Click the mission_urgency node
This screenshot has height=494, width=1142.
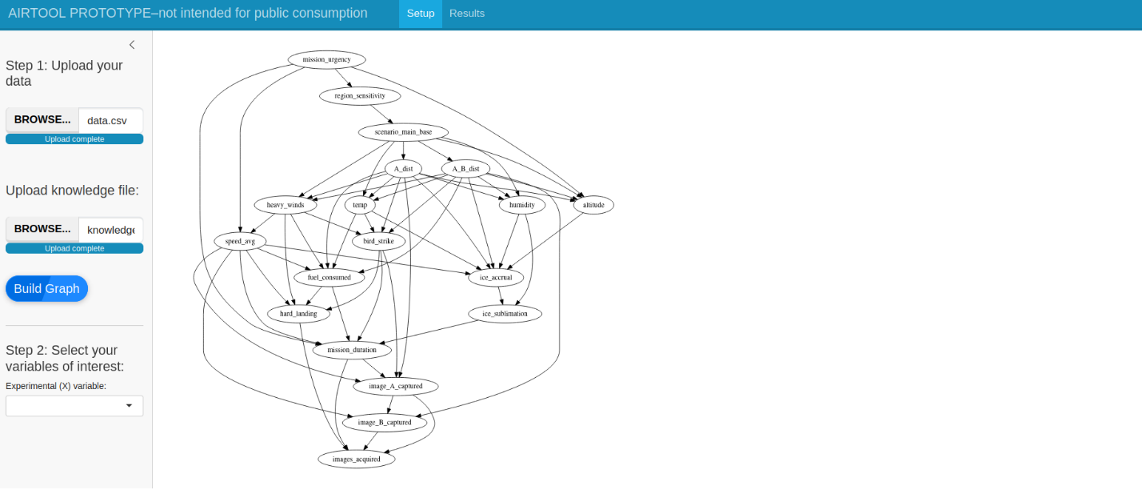(x=326, y=60)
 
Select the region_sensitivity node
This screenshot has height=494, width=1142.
(x=360, y=96)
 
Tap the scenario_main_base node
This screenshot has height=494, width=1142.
(x=403, y=132)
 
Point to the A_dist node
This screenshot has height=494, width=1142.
(x=403, y=169)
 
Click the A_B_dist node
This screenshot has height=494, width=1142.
(x=465, y=169)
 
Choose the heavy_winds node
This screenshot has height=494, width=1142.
(x=285, y=205)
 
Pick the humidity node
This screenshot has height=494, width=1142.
(x=521, y=205)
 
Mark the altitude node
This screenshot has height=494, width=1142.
(x=593, y=205)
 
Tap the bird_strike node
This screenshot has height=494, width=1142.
(x=379, y=241)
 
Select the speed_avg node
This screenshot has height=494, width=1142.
(x=240, y=241)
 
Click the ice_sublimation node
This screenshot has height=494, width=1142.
(x=505, y=314)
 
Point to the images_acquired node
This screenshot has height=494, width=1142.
(x=357, y=459)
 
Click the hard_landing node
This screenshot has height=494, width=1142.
(x=298, y=314)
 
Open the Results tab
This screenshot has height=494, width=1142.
(x=467, y=14)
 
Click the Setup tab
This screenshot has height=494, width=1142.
(x=421, y=14)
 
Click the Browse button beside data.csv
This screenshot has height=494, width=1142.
(x=42, y=120)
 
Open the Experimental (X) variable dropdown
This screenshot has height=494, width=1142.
(x=74, y=406)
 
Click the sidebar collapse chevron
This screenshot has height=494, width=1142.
(x=132, y=45)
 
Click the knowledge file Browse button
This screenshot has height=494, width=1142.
(x=42, y=229)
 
